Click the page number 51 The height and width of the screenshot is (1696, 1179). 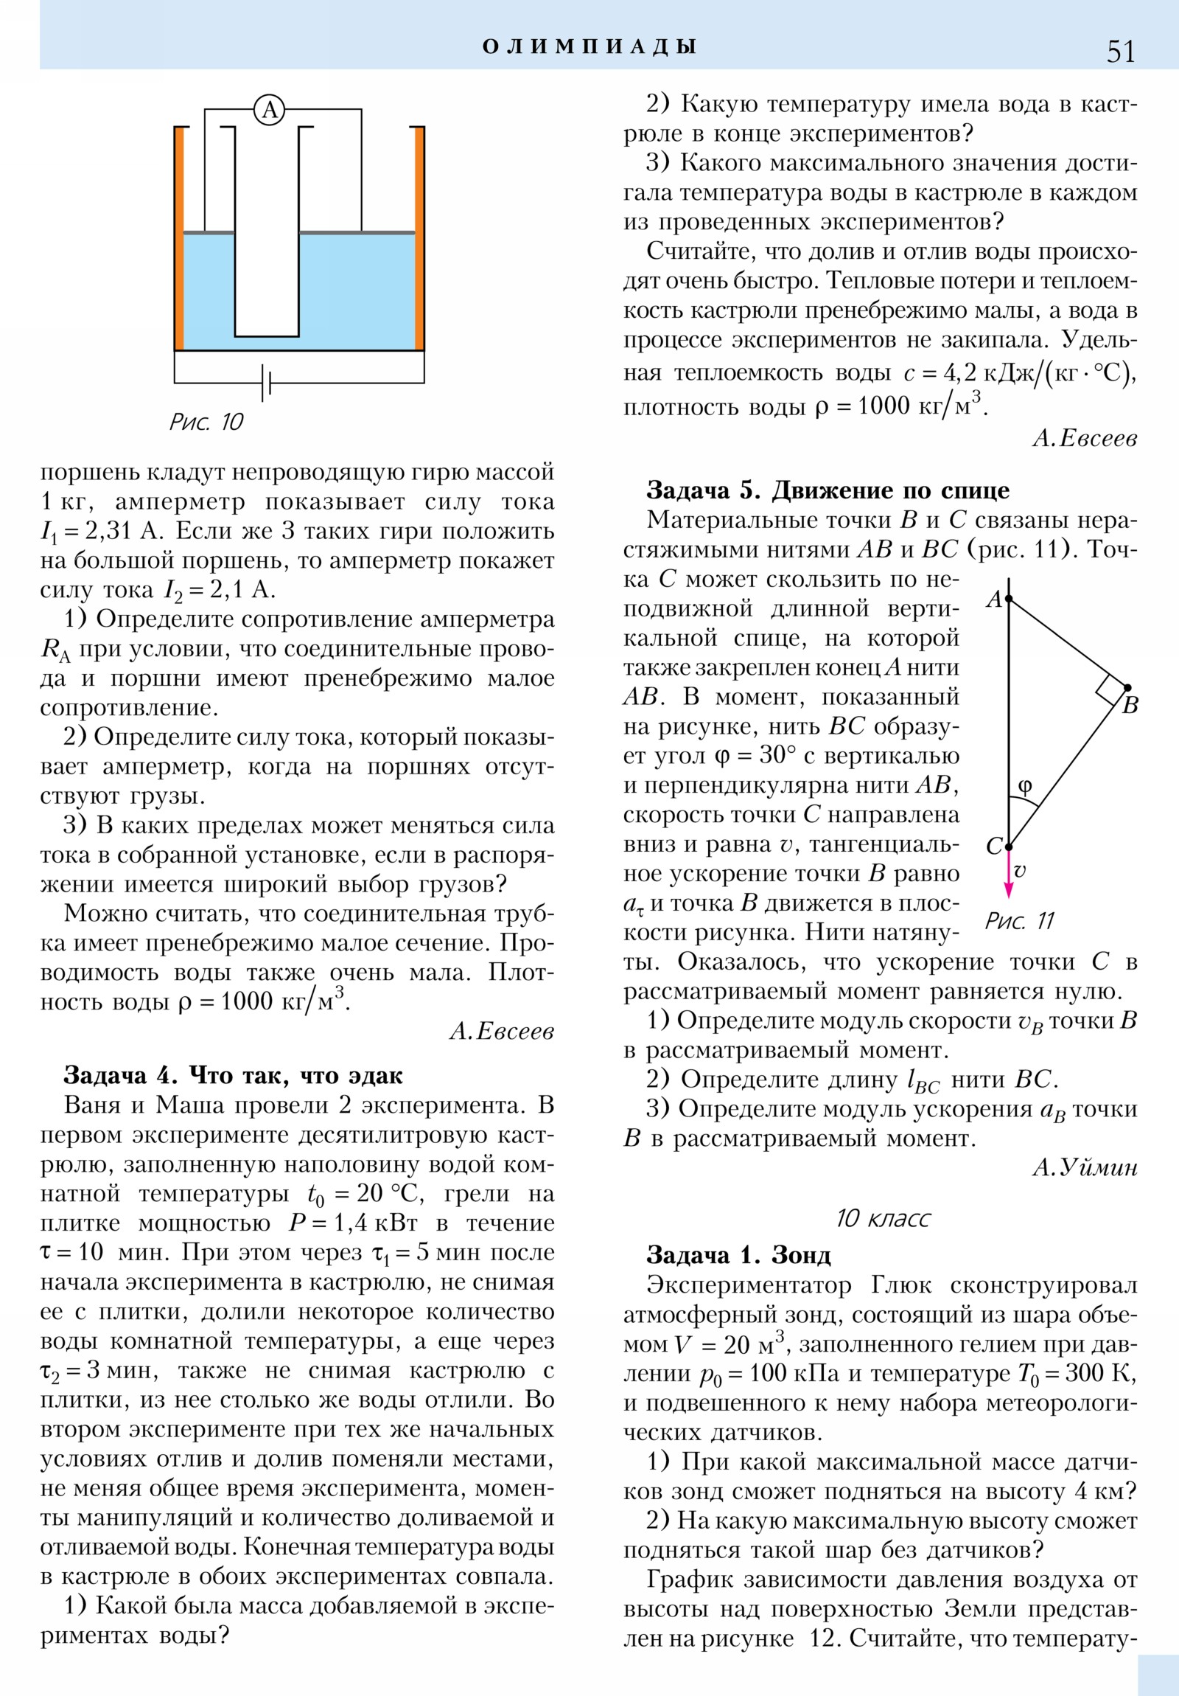1120,51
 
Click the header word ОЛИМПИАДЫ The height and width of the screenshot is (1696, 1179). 589,46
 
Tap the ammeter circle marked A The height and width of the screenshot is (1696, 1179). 270,110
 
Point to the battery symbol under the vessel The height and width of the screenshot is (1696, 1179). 267,383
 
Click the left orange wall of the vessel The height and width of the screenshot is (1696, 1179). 178,238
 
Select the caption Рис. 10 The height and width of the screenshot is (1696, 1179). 206,422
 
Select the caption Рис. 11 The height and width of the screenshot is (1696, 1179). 1020,921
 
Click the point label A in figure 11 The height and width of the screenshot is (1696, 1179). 994,598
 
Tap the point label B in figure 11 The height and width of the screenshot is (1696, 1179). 1130,706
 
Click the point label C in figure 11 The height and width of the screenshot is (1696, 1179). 994,846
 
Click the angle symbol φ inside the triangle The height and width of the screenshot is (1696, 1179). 1025,786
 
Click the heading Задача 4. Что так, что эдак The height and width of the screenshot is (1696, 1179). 234,1075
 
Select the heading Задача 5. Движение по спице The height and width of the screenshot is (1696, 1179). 828,490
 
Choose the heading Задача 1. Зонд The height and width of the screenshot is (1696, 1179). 738,1254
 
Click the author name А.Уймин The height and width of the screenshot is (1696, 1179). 1085,1167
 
